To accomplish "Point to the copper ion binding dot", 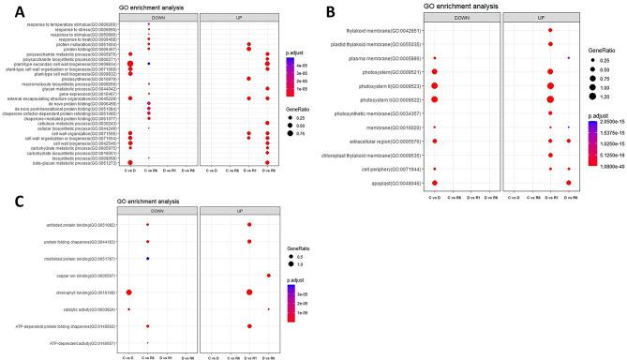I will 268,276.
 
